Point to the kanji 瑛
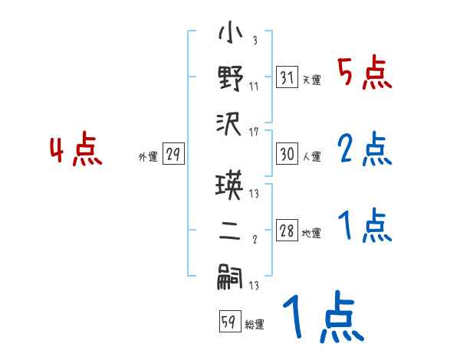point(231,187)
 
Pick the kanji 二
point(231,231)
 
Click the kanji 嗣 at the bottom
point(231,277)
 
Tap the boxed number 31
point(286,78)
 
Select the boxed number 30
point(286,155)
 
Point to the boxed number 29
point(172,155)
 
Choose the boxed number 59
point(228,322)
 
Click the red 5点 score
point(364,74)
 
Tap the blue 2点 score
point(364,150)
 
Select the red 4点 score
point(76,150)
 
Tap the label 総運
point(254,325)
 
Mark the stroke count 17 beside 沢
point(254,132)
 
